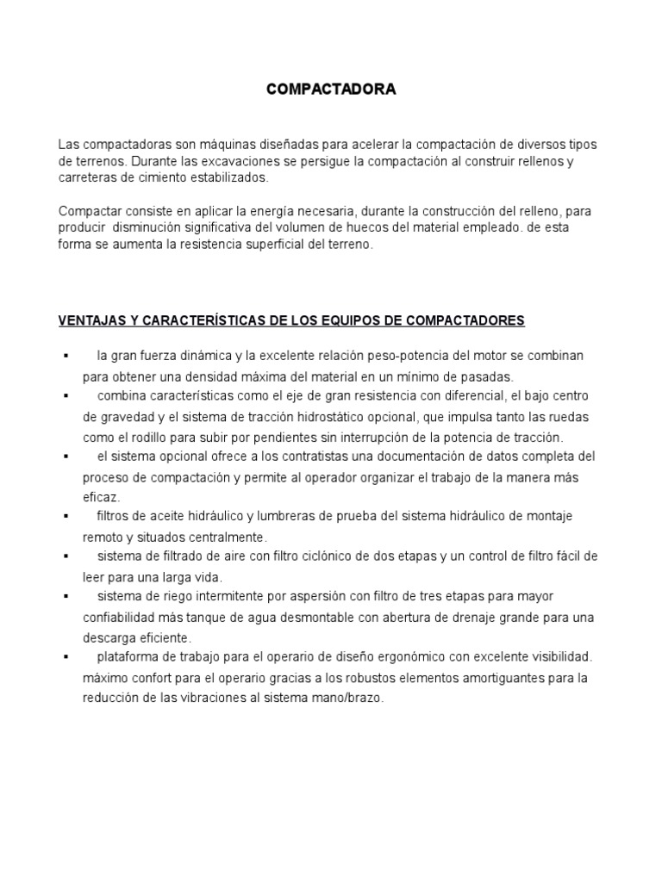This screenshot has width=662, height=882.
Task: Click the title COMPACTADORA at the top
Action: pos(331,90)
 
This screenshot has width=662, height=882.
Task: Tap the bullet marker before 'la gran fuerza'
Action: pos(66,356)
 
